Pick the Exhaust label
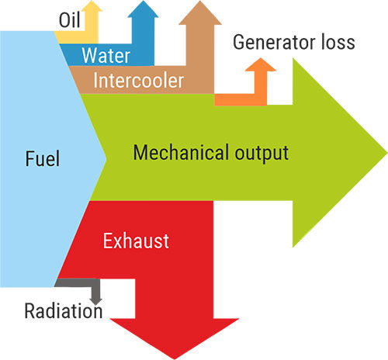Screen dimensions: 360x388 click(x=135, y=241)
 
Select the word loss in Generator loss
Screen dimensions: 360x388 click(x=336, y=41)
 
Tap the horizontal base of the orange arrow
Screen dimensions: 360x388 click(x=233, y=99)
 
